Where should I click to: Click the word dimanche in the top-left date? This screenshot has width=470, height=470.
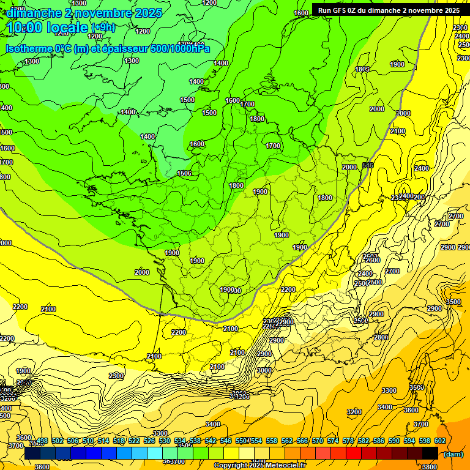(x=29, y=13)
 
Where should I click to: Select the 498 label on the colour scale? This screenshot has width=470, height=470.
(x=42, y=441)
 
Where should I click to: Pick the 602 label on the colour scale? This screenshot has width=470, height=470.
(x=439, y=441)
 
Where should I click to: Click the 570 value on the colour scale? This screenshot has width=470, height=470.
(x=318, y=441)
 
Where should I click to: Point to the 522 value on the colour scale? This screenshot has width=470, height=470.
(x=134, y=441)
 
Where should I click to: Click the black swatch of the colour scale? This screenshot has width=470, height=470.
(x=430, y=453)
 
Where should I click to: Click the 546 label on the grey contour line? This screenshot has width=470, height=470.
(x=368, y=165)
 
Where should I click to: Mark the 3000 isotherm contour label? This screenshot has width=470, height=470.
(x=264, y=370)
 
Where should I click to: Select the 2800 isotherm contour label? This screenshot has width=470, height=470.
(x=381, y=337)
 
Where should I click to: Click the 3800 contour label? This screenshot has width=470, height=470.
(x=430, y=466)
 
